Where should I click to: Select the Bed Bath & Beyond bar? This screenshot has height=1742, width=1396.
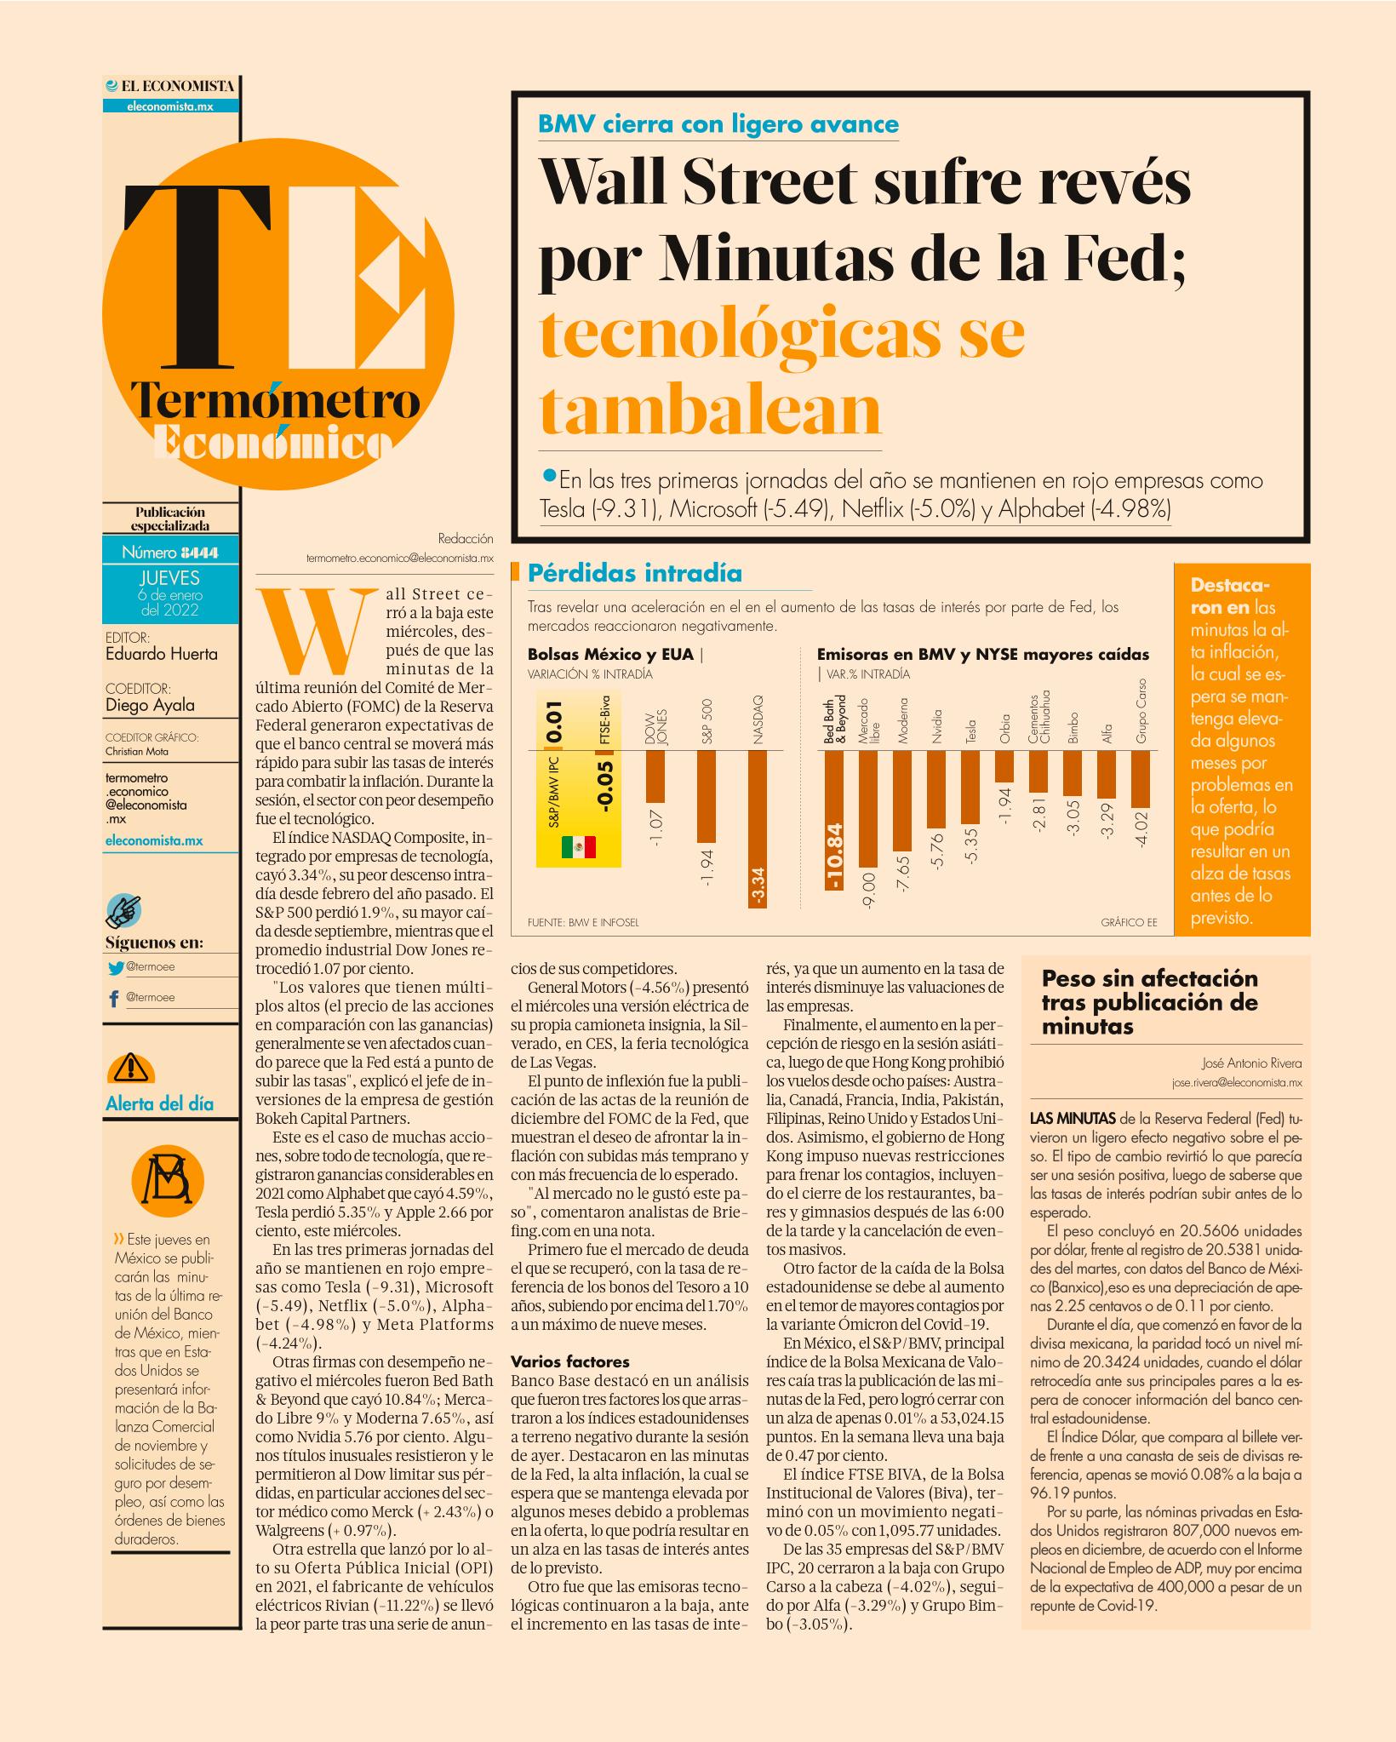click(x=833, y=820)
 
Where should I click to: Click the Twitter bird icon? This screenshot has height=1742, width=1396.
click(x=116, y=967)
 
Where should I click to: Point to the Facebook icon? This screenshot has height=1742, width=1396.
click(x=114, y=998)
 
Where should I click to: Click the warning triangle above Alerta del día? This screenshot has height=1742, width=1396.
click(x=129, y=1066)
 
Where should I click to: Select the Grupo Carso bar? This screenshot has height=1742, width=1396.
click(x=1141, y=779)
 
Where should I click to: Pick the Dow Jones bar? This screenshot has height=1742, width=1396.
click(x=655, y=776)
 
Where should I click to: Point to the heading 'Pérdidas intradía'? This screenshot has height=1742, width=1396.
click(x=635, y=573)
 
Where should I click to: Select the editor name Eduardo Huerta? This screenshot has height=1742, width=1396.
click(x=162, y=654)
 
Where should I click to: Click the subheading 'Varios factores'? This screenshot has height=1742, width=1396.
click(x=569, y=1385)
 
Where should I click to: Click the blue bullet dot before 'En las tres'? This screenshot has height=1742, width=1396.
click(x=549, y=474)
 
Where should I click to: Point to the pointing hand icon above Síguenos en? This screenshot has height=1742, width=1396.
click(x=124, y=910)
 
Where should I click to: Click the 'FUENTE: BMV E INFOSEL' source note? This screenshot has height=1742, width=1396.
click(x=583, y=922)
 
